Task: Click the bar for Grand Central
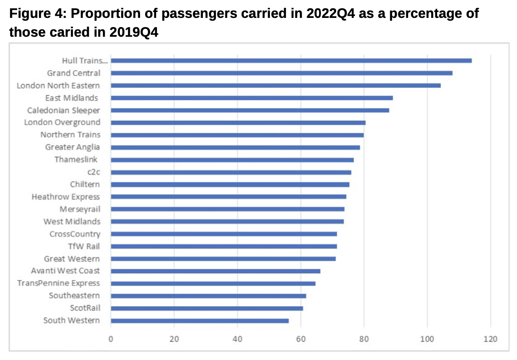click(x=281, y=73)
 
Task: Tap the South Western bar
click(x=200, y=321)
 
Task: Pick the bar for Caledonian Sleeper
click(x=250, y=110)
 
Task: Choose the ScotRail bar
click(x=207, y=308)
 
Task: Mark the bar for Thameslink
click(x=232, y=160)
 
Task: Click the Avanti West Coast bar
click(x=215, y=271)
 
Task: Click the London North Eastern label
click(x=58, y=85)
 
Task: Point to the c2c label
click(x=94, y=172)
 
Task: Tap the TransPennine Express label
click(x=58, y=283)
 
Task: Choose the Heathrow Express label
click(x=66, y=197)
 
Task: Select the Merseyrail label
click(x=79, y=209)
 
